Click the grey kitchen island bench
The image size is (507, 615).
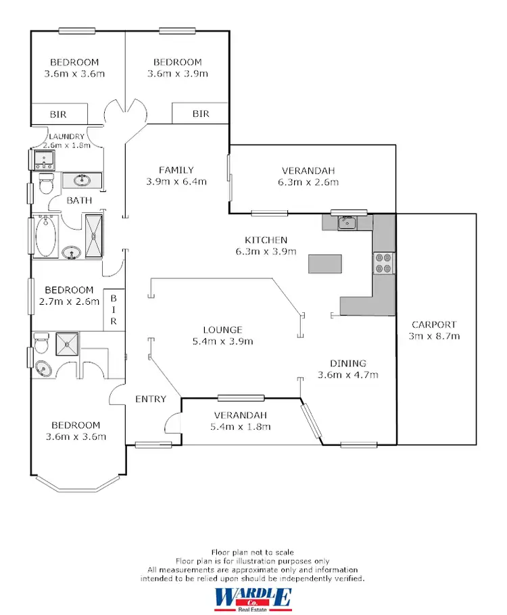(325, 264)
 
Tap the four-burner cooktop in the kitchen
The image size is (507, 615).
(383, 262)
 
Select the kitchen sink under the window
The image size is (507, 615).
(347, 222)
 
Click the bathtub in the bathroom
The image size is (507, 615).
(45, 236)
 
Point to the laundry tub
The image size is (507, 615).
(45, 159)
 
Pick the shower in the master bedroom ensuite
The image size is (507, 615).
(68, 343)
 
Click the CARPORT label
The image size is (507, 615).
(433, 324)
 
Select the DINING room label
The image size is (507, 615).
(348, 363)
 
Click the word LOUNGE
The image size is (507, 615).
(222, 330)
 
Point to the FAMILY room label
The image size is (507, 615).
(176, 170)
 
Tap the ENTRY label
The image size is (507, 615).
(151, 399)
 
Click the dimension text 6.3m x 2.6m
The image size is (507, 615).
(308, 182)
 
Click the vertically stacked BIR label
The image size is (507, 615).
(114, 310)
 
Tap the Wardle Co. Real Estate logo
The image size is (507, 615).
(254, 598)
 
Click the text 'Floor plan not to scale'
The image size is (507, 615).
(253, 553)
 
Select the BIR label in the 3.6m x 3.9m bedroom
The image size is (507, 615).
(201, 114)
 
